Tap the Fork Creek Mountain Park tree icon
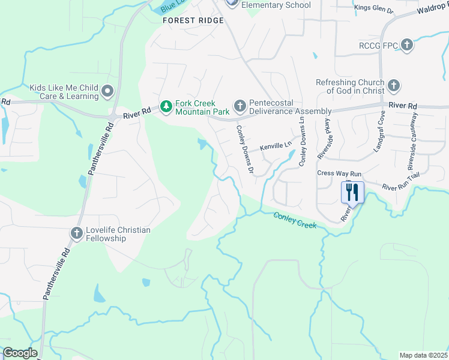[166, 107]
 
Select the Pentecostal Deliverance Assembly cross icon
[240, 107]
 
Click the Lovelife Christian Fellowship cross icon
[76, 233]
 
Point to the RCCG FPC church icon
[407, 45]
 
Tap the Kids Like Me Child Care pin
[107, 91]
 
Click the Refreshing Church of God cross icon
[394, 86]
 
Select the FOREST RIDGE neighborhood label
[193, 20]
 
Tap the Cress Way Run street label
[339, 173]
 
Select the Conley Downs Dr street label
[245, 150]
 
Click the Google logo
[20, 353]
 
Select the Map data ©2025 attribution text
[424, 355]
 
